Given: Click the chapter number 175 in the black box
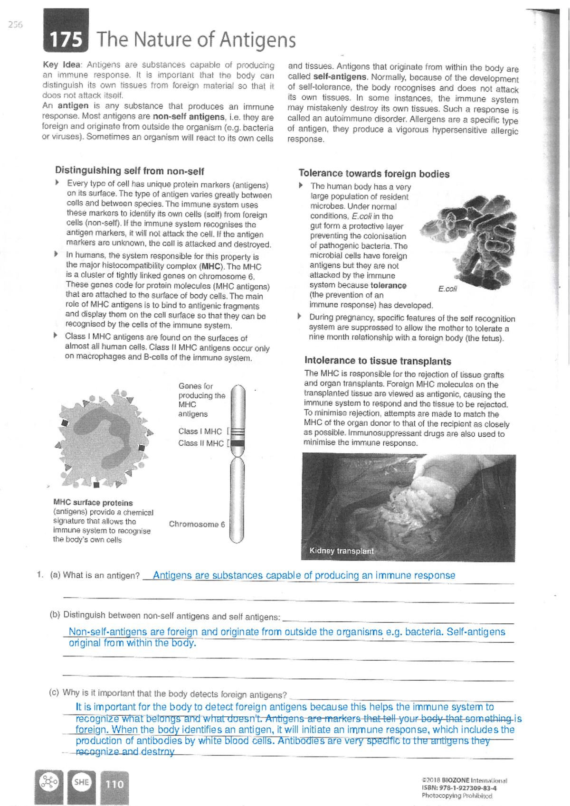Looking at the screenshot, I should pos(66,40).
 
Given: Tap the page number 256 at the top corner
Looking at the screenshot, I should pos(15,25).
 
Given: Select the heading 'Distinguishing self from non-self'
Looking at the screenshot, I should pos(129,171).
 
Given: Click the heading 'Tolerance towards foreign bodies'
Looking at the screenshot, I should pos(374,174).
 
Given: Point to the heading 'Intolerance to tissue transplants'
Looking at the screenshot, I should pos(378,361).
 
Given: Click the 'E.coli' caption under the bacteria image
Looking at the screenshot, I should pos(447,289).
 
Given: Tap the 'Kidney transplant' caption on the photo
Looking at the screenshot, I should pos(341,551).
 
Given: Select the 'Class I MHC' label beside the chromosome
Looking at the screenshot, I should pos(200,431).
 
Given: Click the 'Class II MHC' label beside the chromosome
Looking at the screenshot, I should pos(201,443).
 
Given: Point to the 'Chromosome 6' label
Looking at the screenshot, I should pos(197,524).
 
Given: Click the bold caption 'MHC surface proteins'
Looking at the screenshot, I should pos(93,503).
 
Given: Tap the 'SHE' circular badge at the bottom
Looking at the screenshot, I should pos(81,782).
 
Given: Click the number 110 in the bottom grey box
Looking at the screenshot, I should pos(114,784).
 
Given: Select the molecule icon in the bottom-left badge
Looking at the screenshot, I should pos(48,782).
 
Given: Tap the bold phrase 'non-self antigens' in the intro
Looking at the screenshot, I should pos(189,117).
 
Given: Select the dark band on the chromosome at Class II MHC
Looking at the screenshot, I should pos(237,443).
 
